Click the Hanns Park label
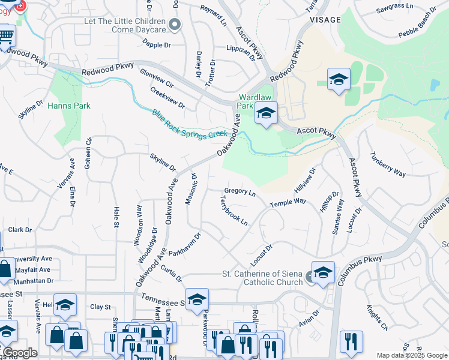tap(70, 106)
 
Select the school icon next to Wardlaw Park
tap(266, 112)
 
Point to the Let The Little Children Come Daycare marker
tap(175, 25)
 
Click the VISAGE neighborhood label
tap(324, 20)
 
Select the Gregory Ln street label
tap(240, 191)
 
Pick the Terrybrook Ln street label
tap(234, 211)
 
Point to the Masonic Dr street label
tap(191, 189)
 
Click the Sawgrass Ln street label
tap(395, 7)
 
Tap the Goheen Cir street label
tap(89, 149)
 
